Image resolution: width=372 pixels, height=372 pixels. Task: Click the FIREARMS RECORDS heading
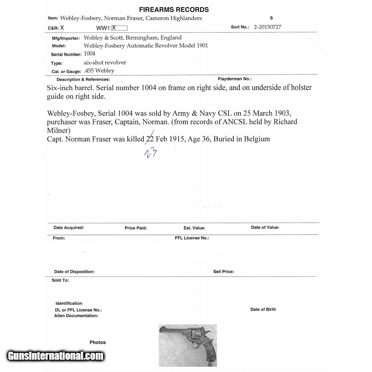[174, 10]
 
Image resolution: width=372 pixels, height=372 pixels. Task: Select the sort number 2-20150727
[267, 27]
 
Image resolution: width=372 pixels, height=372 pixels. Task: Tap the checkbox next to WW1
[119, 28]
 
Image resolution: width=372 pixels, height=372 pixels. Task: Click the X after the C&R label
[62, 28]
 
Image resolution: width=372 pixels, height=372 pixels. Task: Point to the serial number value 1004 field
[90, 54]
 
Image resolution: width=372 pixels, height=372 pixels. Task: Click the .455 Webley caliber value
[99, 71]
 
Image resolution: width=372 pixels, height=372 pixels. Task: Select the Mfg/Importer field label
[66, 38]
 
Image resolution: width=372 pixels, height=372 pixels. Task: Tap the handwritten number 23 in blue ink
[151, 153]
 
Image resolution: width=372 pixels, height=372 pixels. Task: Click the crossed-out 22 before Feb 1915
[150, 139]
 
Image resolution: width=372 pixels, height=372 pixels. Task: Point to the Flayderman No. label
[234, 79]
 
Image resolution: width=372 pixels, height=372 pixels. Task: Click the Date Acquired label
[69, 228]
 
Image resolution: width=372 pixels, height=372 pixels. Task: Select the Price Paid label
[136, 228]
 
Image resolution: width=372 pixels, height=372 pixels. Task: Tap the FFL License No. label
[192, 238]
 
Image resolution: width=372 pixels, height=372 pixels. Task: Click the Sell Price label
[224, 272]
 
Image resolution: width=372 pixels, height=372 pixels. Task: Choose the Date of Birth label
[263, 309]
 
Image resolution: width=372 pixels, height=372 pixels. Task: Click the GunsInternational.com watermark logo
[56, 356]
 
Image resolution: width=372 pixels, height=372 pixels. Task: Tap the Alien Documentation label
[76, 316]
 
